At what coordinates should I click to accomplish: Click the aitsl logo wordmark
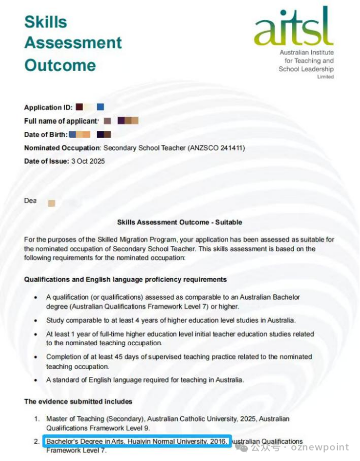[294, 28]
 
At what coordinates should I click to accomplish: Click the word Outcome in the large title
[60, 65]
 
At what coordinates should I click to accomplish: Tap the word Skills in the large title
[46, 22]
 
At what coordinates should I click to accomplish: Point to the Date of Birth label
[45, 134]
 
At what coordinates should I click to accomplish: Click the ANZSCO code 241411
[231, 148]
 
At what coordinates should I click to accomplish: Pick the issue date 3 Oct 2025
[88, 161]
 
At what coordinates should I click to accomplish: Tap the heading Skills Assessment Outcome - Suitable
[180, 222]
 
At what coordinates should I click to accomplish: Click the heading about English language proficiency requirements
[125, 279]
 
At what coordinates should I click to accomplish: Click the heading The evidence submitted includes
[78, 401]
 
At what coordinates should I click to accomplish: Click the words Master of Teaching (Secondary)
[91, 418]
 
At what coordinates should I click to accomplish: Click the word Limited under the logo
[326, 76]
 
